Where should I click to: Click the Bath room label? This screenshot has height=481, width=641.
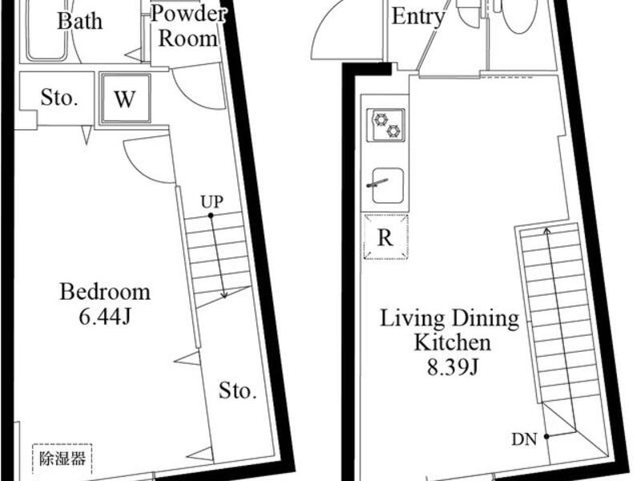click(79, 21)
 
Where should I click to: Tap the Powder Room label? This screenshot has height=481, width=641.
click(188, 26)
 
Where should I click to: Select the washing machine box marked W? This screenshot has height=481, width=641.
click(125, 98)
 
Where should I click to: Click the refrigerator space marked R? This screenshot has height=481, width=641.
click(386, 236)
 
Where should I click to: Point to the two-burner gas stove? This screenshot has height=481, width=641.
click(386, 125)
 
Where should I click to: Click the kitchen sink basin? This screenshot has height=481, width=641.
click(389, 186)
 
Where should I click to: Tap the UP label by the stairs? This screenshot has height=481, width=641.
click(212, 202)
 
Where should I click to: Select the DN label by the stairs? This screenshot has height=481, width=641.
click(524, 439)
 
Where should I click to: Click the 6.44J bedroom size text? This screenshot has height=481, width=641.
click(105, 316)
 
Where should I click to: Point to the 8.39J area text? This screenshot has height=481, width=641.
click(453, 368)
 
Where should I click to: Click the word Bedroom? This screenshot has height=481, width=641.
click(105, 292)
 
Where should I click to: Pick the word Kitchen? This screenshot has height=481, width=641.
click(453, 342)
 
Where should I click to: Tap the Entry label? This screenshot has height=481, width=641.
click(417, 17)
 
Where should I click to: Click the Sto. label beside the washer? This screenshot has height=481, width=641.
click(59, 98)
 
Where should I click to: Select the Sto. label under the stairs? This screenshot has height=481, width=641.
click(237, 390)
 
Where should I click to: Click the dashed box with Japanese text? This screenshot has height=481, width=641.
click(62, 459)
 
